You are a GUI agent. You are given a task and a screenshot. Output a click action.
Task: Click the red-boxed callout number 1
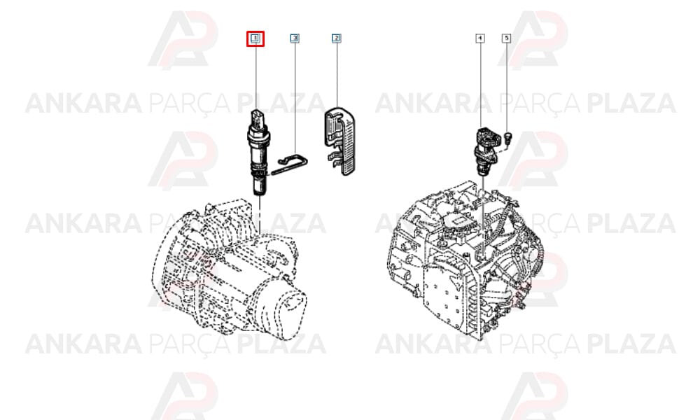pos(255,38)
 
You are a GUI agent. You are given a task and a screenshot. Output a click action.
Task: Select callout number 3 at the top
pos(295,38)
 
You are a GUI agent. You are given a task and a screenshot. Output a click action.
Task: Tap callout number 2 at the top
pos(336,38)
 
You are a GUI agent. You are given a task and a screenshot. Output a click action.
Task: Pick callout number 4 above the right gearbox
pos(480,38)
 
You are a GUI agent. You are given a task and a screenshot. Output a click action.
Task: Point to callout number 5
pos(506,38)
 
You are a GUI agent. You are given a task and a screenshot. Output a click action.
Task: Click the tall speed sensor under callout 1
pos(258,152)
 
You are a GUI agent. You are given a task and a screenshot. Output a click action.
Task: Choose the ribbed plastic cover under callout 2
pos(340,141)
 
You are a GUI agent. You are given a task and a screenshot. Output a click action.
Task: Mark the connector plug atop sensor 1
pos(258,116)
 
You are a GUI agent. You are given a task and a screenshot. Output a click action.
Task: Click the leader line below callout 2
pos(337,75)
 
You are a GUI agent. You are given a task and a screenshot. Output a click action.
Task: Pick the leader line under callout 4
pos(480,85)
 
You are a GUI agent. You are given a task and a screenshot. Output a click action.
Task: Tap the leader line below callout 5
pos(507,87)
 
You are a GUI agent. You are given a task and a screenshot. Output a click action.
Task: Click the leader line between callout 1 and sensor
pos(256,77)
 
